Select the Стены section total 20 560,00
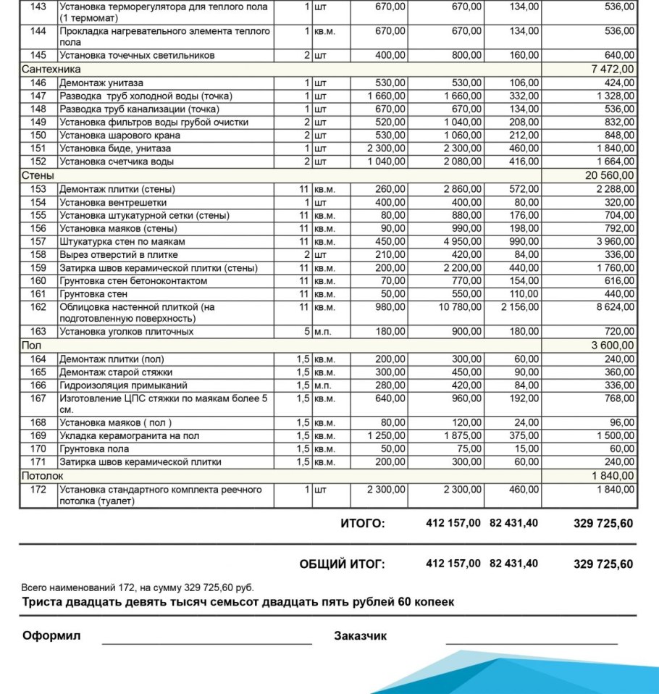(610, 175)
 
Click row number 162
(38, 307)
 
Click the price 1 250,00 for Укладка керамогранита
(387, 436)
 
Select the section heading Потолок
(43, 476)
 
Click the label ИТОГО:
(363, 524)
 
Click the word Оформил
(51, 636)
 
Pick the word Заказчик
(360, 636)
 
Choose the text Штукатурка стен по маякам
(122, 242)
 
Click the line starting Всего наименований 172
(138, 588)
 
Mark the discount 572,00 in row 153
(524, 189)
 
